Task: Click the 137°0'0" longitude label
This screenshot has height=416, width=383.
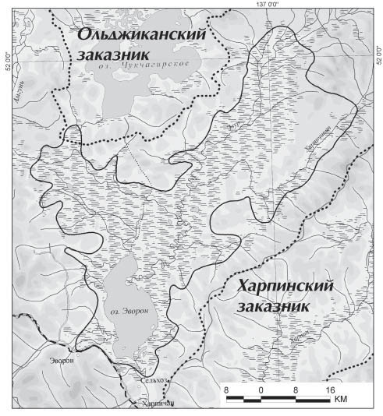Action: (268, 5)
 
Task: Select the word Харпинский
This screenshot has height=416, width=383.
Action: (285, 287)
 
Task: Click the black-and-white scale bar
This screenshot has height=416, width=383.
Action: (278, 399)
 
